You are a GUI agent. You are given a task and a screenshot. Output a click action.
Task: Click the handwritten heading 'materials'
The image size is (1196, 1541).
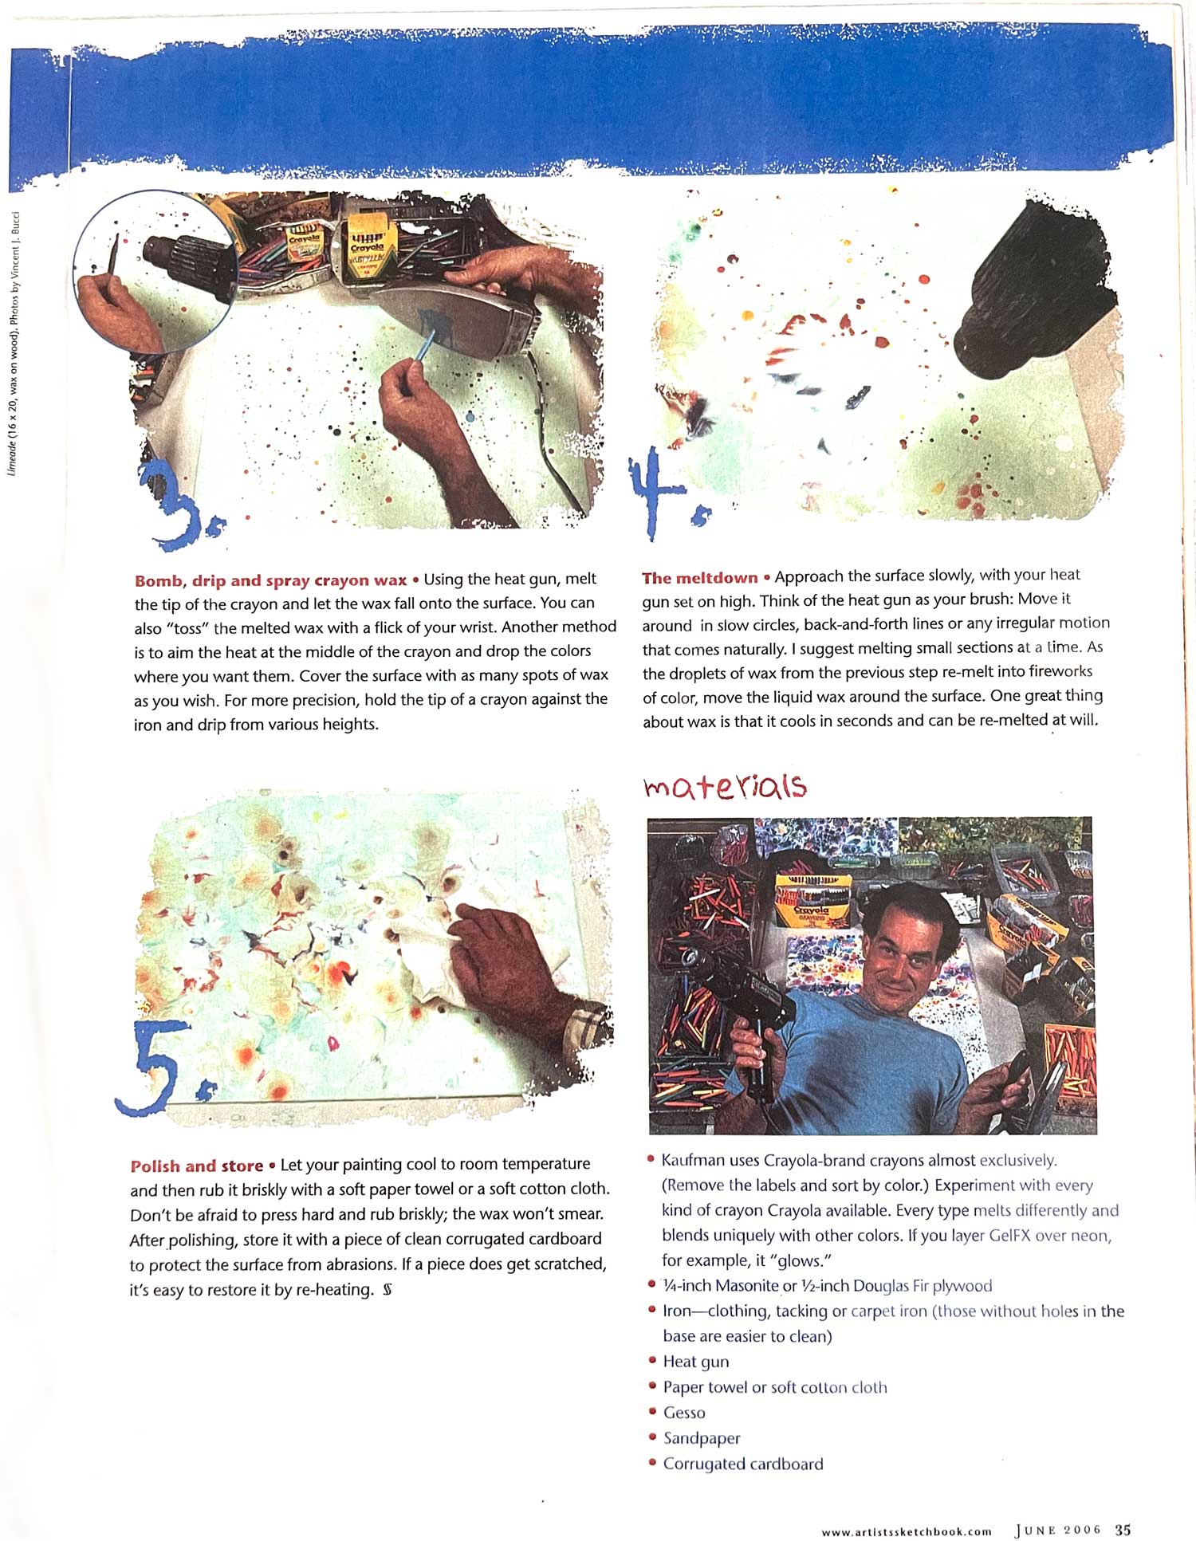pos(725,786)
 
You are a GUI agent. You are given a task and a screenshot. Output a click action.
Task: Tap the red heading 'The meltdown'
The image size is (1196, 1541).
pos(700,578)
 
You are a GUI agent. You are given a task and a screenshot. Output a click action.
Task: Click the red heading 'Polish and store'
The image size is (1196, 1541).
pos(197,1166)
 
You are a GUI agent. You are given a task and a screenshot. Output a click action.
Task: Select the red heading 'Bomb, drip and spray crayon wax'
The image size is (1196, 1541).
pos(271,580)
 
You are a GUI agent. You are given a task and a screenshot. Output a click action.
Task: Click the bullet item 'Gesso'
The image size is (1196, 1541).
pos(684,1413)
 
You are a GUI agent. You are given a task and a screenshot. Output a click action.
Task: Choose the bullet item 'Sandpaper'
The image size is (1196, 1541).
pos(702,1438)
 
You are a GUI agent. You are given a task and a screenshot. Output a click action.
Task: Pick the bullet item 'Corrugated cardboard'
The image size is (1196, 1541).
pos(742,1464)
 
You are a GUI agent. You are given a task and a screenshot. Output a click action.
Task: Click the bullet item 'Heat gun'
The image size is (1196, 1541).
pos(695,1362)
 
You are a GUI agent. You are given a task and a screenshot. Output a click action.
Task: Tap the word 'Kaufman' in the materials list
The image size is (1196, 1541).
pos(693,1160)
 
